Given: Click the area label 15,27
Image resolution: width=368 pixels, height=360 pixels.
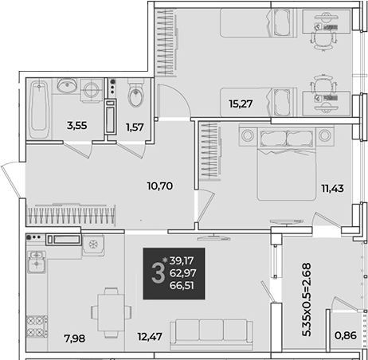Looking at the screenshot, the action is pyautogui.click(x=241, y=104).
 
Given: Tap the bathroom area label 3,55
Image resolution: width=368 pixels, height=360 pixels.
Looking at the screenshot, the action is pyautogui.click(x=76, y=125).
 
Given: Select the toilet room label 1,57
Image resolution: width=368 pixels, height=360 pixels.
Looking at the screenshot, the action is pyautogui.click(x=135, y=127).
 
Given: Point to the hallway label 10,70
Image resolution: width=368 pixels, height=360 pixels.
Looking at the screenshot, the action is pyautogui.click(x=160, y=186).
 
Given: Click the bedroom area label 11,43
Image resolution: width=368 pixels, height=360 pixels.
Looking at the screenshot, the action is pyautogui.click(x=332, y=188).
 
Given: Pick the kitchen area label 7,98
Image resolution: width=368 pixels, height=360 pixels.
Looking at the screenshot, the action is pyautogui.click(x=75, y=338).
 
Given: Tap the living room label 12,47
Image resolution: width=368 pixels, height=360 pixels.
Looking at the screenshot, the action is pyautogui.click(x=150, y=337).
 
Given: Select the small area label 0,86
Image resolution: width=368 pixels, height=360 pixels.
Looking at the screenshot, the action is pyautogui.click(x=346, y=335).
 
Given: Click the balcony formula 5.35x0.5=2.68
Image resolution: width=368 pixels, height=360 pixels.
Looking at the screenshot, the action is pyautogui.click(x=307, y=299).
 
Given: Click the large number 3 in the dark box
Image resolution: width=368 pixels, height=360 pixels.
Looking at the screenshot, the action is pyautogui.click(x=159, y=273).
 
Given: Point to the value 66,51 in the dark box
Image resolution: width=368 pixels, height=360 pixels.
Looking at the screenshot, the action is pyautogui.click(x=182, y=286).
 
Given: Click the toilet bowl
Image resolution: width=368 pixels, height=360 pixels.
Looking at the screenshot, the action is pyautogui.click(x=136, y=93).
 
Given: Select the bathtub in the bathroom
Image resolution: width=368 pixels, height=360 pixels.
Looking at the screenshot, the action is pyautogui.click(x=39, y=109).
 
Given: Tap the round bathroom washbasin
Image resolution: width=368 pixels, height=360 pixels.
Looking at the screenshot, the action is pyautogui.click(x=67, y=84).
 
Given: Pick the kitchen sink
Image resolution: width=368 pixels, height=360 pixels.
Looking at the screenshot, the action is pyautogui.click(x=37, y=261).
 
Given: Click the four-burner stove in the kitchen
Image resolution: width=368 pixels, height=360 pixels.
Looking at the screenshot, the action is pyautogui.click(x=37, y=327).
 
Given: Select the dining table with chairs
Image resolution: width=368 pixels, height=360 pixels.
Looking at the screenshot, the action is pyautogui.click(x=112, y=313).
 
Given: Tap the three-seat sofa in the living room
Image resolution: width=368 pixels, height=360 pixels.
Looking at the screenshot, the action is pyautogui.click(x=211, y=335).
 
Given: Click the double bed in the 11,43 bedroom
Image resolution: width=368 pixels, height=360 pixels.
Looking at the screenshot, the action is pyautogui.click(x=287, y=164).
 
